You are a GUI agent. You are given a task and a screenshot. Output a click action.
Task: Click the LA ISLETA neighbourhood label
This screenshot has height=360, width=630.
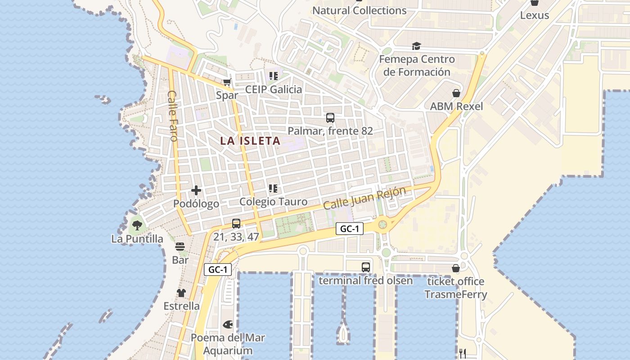click(250, 141)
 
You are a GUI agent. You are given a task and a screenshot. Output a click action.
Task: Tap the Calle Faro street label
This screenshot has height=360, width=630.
click(173, 116)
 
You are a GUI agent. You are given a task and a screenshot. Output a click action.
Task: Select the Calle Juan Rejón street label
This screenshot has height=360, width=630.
click(364, 198)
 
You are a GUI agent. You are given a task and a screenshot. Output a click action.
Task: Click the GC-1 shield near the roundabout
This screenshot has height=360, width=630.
click(350, 229)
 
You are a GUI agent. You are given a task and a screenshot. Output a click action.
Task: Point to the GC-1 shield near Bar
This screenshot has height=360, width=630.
click(218, 270)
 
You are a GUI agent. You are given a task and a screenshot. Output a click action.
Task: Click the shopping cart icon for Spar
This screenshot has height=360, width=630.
click(227, 82)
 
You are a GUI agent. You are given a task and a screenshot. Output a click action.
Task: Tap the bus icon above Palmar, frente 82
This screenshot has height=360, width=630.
click(330, 118)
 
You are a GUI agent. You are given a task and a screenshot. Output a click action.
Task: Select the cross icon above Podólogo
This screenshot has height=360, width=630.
click(196, 190)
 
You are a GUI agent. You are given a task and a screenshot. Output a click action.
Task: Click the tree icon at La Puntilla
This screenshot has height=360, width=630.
click(137, 225)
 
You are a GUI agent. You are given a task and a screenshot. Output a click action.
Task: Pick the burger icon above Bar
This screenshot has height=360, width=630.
click(180, 247)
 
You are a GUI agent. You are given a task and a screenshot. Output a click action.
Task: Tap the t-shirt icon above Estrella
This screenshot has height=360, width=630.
click(181, 293)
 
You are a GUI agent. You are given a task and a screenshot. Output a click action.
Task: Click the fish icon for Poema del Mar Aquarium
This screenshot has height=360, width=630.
click(228, 324)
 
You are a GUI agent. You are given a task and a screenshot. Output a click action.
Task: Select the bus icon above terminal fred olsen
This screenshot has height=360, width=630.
click(366, 267)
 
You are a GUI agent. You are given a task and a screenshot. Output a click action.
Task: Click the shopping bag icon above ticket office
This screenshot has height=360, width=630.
click(456, 269)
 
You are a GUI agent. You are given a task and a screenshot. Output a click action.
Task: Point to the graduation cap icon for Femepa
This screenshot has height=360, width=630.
click(416, 46)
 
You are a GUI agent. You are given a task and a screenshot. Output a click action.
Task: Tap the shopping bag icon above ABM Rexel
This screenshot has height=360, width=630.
click(456, 93)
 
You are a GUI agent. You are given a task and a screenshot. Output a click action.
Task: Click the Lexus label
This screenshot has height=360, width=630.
click(535, 15)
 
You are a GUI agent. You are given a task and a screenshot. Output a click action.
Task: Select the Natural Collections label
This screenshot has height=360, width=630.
click(360, 10)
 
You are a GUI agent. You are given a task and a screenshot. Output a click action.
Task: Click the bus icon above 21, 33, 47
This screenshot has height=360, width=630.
click(236, 223)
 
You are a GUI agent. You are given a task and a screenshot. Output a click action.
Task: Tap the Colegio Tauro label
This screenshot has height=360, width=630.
click(273, 202)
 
